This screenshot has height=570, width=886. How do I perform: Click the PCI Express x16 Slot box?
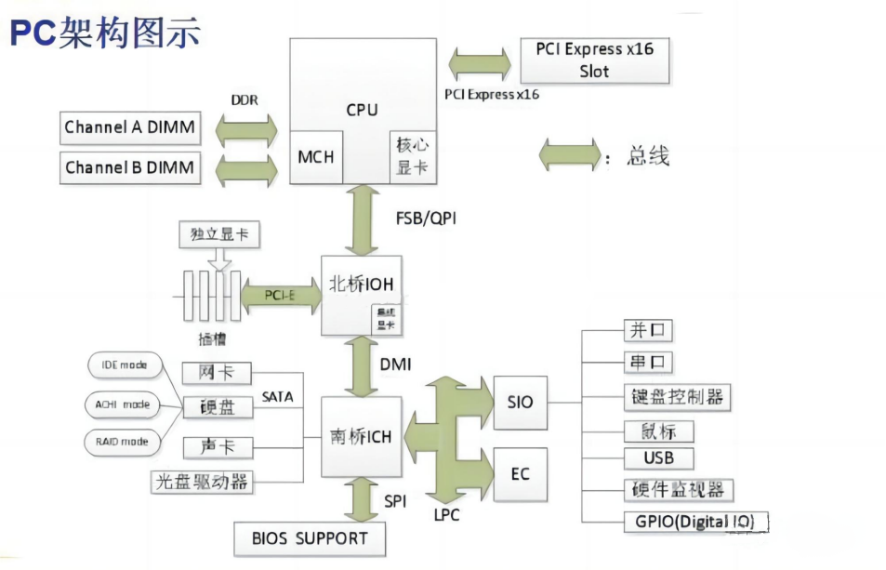click(x=594, y=60)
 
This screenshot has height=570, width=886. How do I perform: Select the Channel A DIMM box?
click(x=130, y=127)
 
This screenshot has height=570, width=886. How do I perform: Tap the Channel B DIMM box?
click(x=130, y=168)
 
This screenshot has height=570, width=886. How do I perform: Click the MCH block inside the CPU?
click(x=315, y=157)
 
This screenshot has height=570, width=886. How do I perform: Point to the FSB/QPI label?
click(x=426, y=219)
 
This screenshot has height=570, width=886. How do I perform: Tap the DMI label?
click(x=396, y=366)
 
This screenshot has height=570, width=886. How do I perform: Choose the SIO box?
click(x=521, y=403)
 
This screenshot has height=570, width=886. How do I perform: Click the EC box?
click(x=521, y=474)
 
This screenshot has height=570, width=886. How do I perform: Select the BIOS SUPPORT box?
click(x=310, y=537)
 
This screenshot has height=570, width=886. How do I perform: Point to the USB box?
click(x=658, y=458)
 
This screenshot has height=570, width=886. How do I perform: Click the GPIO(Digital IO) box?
click(x=696, y=521)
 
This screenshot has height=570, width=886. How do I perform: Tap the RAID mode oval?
click(x=122, y=441)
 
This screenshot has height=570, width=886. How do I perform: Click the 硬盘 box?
click(x=216, y=407)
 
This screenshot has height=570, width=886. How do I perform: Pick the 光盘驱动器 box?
click(x=202, y=482)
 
